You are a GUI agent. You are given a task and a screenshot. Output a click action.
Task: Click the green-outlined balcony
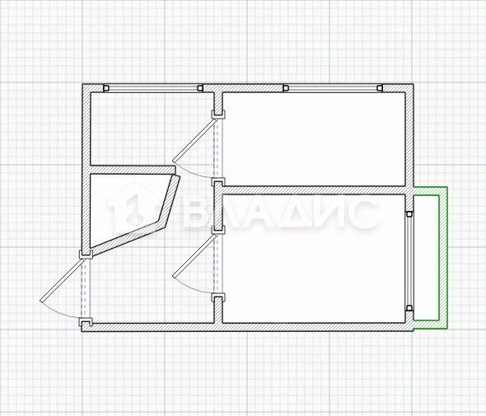tap(430, 257)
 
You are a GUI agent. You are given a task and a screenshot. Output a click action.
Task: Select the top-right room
tap(314, 139)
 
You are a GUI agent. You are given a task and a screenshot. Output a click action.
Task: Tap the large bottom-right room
tap(314, 259)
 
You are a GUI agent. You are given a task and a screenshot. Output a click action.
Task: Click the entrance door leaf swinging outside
tap(62, 280)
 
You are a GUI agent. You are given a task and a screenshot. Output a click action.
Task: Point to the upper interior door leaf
tap(194, 140)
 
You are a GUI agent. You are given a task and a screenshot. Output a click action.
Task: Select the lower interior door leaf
tap(194, 255)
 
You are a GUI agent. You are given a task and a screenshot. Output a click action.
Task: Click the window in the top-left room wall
tap(153, 88)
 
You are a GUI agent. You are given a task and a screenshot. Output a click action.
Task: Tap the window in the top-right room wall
tap(333, 88)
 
